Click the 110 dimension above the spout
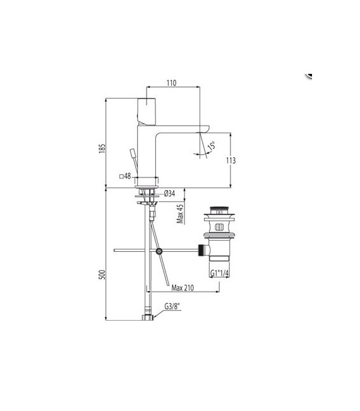[x=172, y=83]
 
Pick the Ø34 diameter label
[x=169, y=194]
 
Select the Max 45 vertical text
[x=180, y=214]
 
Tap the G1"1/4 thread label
[x=219, y=273]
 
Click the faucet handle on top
[x=147, y=111]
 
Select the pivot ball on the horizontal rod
[x=159, y=251]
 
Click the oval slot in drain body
[x=219, y=227]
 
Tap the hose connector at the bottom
[x=148, y=316]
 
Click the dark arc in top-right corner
[x=309, y=74]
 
